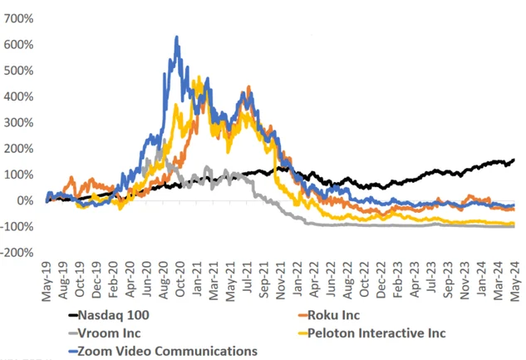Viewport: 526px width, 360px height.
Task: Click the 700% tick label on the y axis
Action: (x=17, y=18)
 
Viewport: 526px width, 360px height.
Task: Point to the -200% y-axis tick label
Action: (x=17, y=252)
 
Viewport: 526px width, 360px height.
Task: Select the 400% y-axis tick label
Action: (x=17, y=96)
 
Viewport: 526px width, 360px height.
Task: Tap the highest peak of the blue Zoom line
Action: (x=176, y=37)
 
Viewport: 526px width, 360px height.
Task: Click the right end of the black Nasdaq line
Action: (x=514, y=159)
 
